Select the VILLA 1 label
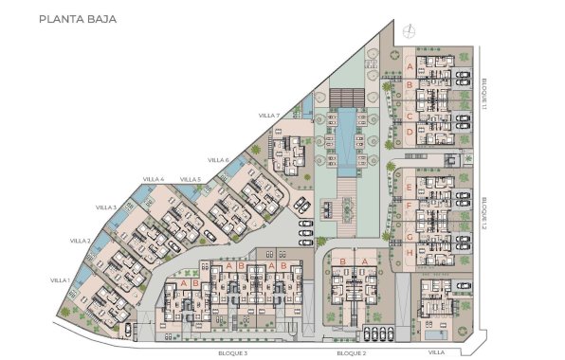click(x=61, y=280)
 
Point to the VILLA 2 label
click(x=81, y=242)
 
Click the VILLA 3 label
click(x=106, y=207)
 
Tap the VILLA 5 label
click(x=191, y=179)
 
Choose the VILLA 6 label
click(x=219, y=159)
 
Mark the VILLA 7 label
click(x=269, y=116)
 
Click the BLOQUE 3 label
click(x=232, y=352)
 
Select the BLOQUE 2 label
click(x=351, y=352)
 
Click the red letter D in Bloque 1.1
click(x=409, y=134)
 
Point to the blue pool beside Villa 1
click(x=82, y=280)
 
